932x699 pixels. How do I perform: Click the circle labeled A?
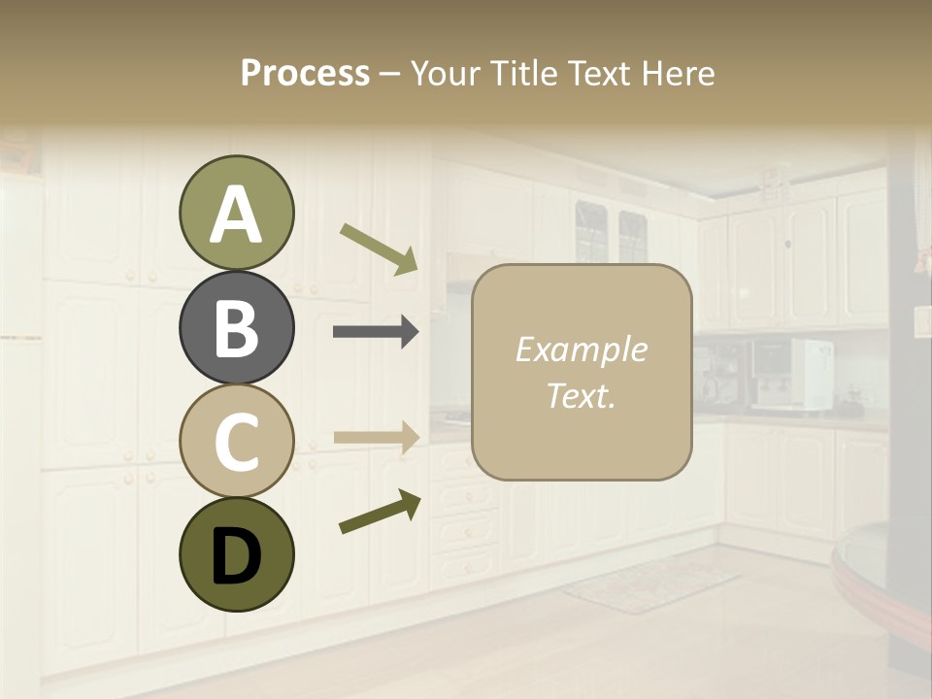(236, 213)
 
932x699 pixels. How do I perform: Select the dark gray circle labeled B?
(236, 327)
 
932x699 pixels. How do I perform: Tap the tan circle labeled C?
(236, 441)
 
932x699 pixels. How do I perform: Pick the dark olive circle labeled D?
(236, 554)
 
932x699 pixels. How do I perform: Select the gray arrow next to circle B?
(376, 332)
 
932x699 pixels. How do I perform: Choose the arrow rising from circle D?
(380, 513)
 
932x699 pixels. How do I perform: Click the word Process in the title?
(305, 73)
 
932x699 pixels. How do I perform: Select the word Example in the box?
(581, 349)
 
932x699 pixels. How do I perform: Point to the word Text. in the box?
(581, 395)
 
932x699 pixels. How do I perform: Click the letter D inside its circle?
(236, 556)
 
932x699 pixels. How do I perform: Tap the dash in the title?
(389, 74)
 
